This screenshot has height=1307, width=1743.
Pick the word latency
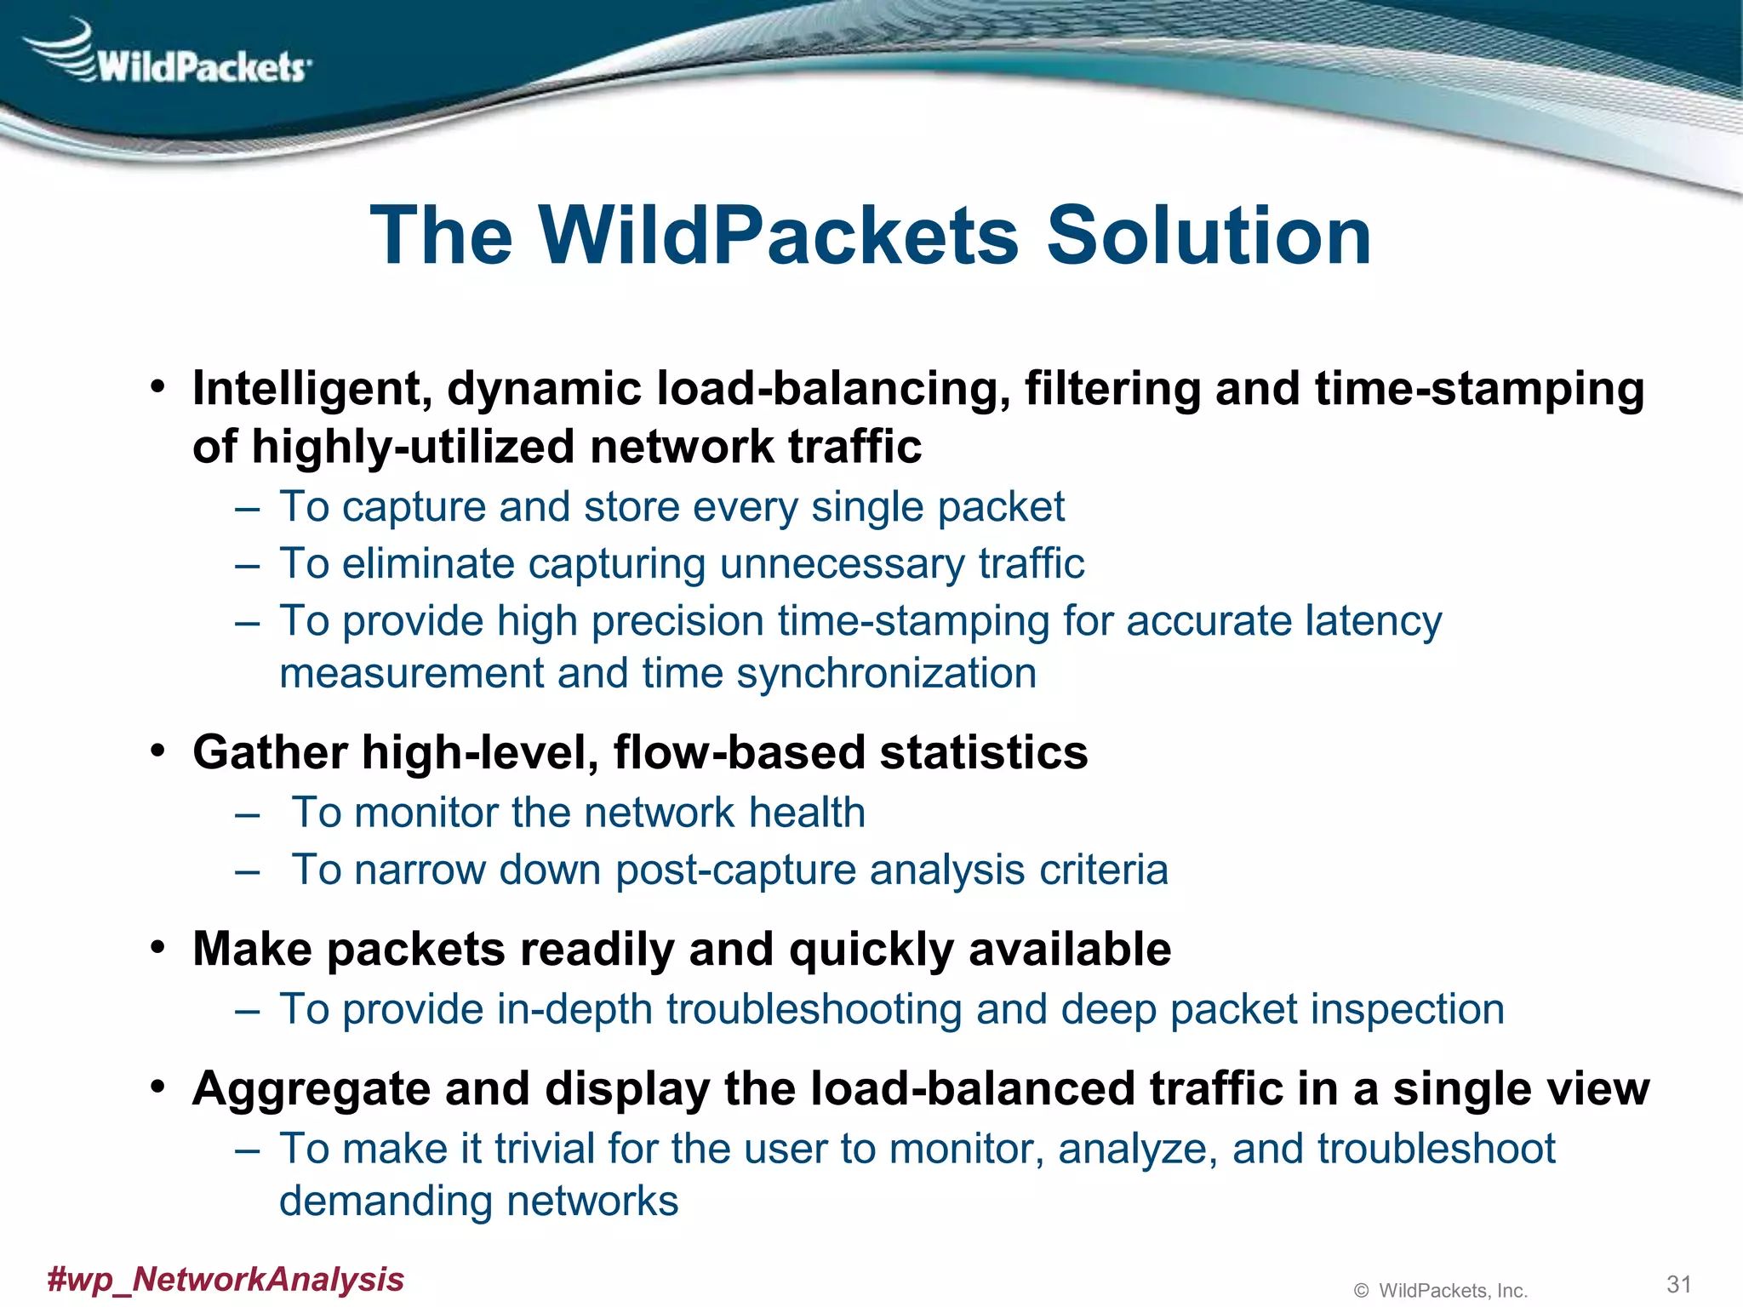click(x=1369, y=621)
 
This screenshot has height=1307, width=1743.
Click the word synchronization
click(x=886, y=674)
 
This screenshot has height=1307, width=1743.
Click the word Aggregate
click(x=311, y=1090)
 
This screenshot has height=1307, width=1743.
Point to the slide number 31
click(x=1678, y=1284)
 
